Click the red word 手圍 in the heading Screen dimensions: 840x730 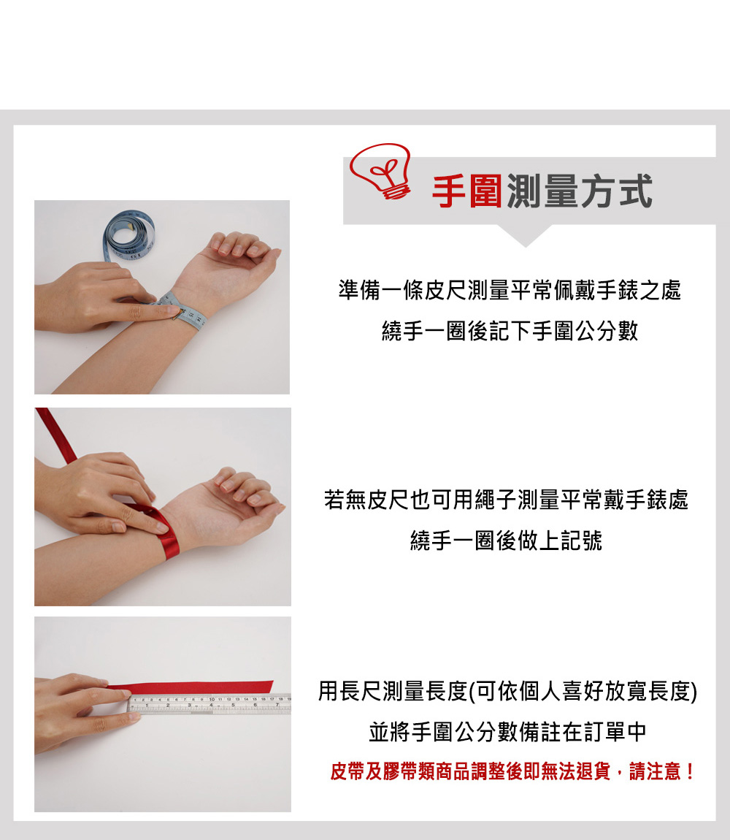[466, 192]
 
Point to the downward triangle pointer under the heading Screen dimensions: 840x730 [525, 235]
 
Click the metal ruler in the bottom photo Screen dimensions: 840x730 [209, 705]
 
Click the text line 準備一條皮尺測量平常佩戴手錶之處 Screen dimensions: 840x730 [510, 290]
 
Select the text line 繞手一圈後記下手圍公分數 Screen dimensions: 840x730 [510, 331]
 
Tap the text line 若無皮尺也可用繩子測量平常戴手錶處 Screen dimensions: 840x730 [506, 500]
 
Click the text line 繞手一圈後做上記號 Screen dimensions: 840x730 [506, 541]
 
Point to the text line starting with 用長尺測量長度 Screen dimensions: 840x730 [507, 691]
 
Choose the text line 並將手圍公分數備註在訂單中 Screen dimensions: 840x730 [507, 732]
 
